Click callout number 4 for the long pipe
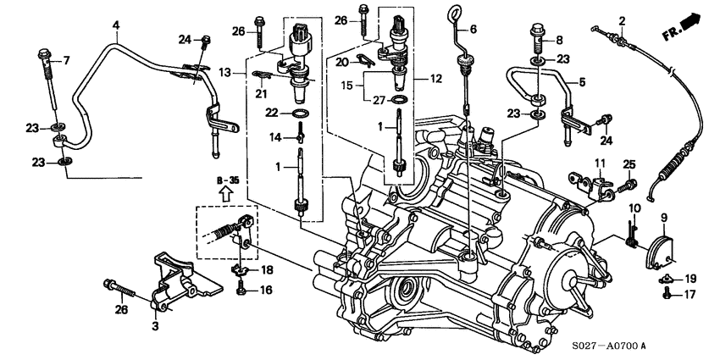pos(116,26)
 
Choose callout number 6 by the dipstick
pos(474,29)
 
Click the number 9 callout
pos(663,218)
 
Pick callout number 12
pos(437,78)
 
